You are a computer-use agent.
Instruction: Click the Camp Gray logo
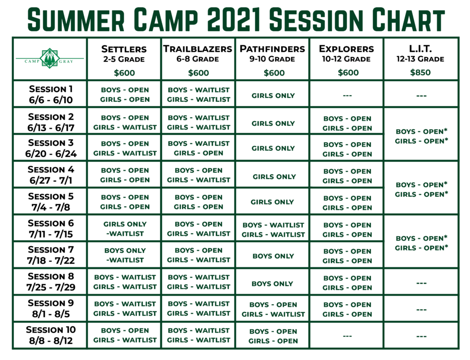pos(50,58)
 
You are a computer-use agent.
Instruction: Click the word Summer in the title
pos(76,20)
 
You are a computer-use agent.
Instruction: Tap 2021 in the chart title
pos(233,20)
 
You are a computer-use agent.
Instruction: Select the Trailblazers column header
pos(198,53)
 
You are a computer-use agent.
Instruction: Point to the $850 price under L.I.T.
pos(420,72)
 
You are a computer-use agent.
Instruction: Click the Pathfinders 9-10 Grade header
pos(272,53)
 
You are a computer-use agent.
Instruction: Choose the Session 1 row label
pos(51,94)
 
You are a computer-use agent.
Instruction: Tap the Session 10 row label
pos(51,335)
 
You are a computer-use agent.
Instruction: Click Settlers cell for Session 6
pos(125,228)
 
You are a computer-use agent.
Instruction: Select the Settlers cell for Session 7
pos(125,255)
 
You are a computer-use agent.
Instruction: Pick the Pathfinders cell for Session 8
pos(272,284)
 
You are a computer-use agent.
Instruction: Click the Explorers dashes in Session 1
pos(347,96)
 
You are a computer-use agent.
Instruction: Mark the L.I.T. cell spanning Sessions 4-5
pos(421,189)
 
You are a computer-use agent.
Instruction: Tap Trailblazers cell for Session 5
pos(199,202)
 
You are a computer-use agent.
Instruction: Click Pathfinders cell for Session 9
pos(273,309)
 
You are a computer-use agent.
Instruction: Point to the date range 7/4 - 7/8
pos(51,207)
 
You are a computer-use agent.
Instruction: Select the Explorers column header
pos(346,53)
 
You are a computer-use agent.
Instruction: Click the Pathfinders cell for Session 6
pos(273,230)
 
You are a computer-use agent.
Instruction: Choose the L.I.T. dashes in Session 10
pos(421,336)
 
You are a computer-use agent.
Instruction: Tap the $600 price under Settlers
pos(124,72)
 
